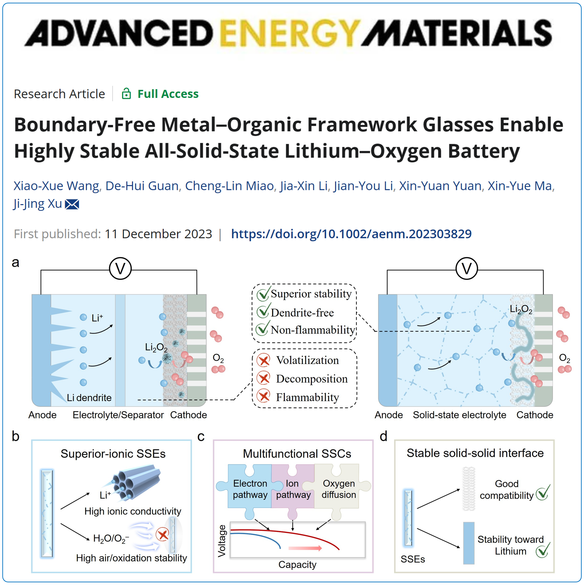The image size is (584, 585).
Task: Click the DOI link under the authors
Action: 351,234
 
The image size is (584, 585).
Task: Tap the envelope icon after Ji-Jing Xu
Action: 72,204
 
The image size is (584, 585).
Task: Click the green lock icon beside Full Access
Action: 126,94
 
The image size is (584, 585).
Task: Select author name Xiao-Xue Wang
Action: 56,186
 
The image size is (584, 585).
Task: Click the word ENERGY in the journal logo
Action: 290,33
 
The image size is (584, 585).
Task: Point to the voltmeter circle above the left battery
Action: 120,268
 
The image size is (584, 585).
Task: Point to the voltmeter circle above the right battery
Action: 466,268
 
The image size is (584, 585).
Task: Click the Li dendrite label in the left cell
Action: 89,398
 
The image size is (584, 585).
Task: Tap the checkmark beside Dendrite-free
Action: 263,312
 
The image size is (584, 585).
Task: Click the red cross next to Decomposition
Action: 264,379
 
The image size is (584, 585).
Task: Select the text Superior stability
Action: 311,294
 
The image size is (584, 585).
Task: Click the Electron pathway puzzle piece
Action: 250,489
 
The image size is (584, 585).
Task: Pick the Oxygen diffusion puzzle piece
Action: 338,489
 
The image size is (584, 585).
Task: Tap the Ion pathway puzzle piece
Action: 293,489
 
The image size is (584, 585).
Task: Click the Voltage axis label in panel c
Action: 222,541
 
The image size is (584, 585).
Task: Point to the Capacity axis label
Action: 297,564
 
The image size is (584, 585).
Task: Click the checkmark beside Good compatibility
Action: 543,493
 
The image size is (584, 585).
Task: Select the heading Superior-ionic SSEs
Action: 113,454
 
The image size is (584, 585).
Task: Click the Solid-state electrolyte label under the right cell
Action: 459,415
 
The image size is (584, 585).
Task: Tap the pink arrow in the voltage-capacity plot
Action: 305,548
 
